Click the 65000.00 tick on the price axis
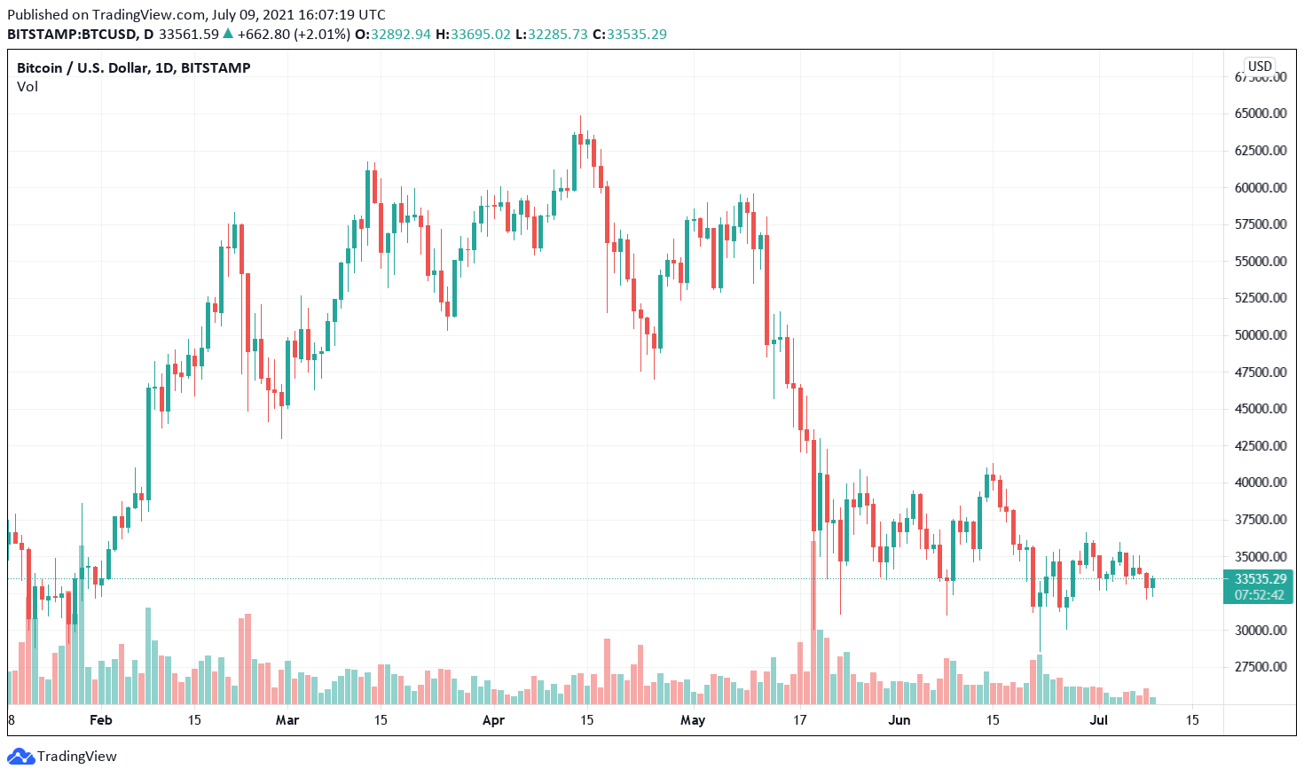tap(1261, 114)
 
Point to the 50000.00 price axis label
tap(1261, 335)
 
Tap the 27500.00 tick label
tap(1261, 667)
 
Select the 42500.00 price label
tap(1261, 446)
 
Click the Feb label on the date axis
tap(101, 720)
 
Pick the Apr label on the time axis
tap(493, 720)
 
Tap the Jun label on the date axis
tap(899, 720)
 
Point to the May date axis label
tap(693, 720)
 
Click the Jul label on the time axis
tap(1098, 720)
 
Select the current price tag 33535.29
tap(1260, 579)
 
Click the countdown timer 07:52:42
tap(1260, 595)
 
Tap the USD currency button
tap(1260, 67)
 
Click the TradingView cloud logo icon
tap(20, 757)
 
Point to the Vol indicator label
tap(27, 87)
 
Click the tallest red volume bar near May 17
tap(813, 621)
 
